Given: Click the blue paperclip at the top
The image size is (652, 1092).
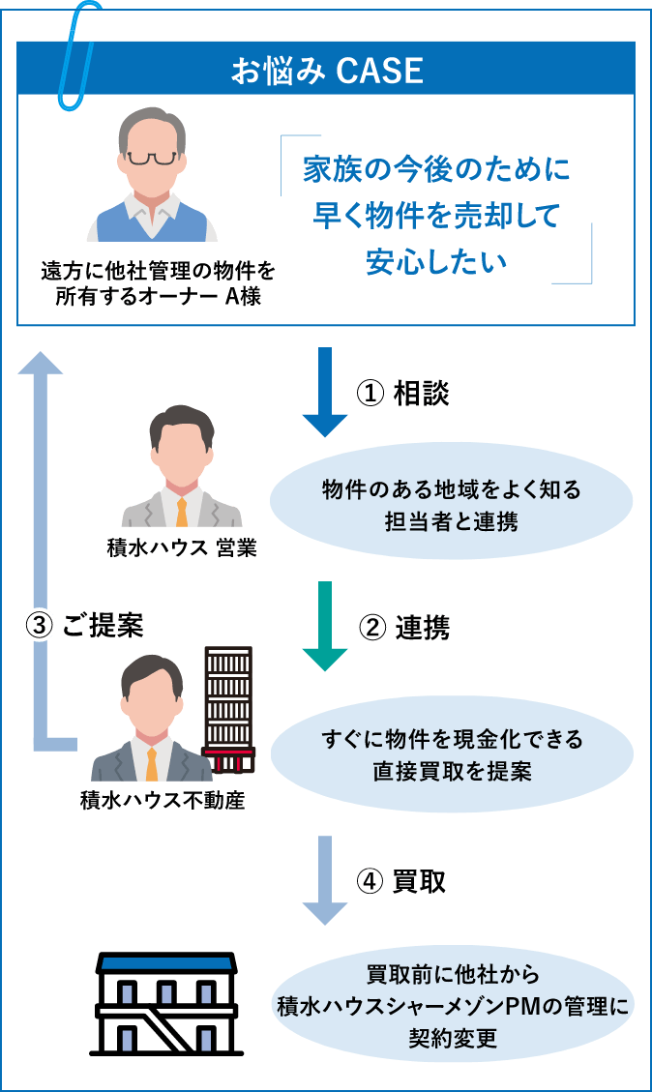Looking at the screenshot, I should click(x=76, y=53).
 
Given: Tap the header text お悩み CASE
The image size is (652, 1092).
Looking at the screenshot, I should click(x=327, y=71).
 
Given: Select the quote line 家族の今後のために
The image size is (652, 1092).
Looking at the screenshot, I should click(x=435, y=170).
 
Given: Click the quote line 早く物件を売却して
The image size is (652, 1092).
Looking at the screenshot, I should click(x=435, y=216).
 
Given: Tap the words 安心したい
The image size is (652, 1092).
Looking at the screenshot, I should click(x=435, y=262).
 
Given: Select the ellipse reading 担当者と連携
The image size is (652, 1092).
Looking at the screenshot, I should click(x=451, y=503).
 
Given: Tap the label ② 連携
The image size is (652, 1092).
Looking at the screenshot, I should click(x=404, y=629).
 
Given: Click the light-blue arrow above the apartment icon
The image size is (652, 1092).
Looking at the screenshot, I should click(x=325, y=881).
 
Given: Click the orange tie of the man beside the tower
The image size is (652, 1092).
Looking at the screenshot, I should click(x=152, y=763).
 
